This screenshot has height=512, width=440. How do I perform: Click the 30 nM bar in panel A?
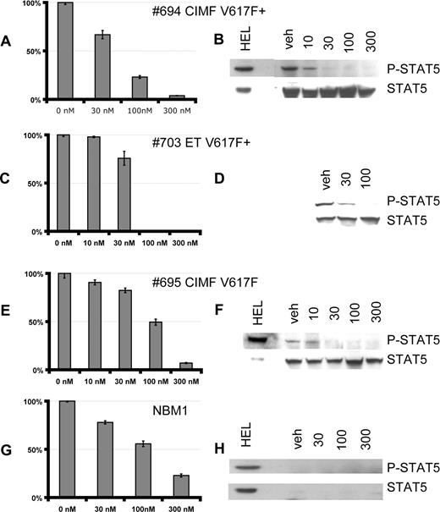pyautogui.click(x=102, y=67)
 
